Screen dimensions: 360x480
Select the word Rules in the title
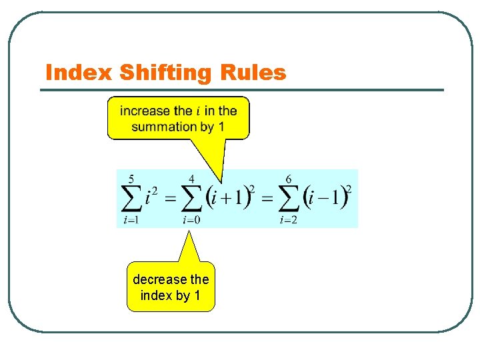coord(253,73)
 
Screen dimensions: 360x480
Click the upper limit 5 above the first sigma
coord(131,179)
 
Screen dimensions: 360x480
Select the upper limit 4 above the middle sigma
coord(192,179)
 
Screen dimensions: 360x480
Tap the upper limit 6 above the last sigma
coord(288,179)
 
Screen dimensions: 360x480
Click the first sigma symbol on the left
coord(132,199)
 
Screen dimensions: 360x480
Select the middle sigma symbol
coord(192,199)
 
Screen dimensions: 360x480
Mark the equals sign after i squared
coord(169,199)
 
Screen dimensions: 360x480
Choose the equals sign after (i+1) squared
coord(266,199)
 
